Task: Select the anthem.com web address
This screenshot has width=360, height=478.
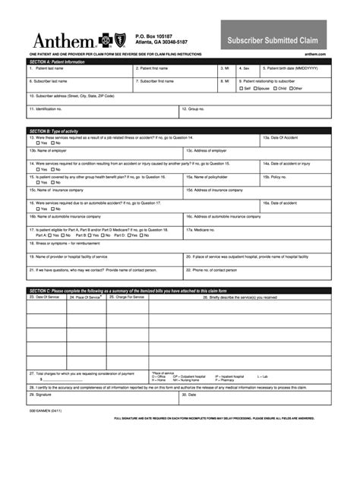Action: point(317,55)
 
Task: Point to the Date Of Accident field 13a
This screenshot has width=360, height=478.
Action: point(295,140)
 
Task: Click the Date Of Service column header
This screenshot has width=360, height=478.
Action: point(45,297)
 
